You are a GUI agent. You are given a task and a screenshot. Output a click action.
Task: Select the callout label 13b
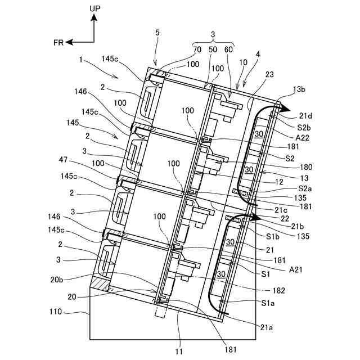[299, 88]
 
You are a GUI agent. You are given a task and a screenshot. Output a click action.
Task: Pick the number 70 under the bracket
[197, 49]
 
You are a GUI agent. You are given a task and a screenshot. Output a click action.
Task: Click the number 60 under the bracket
[228, 49]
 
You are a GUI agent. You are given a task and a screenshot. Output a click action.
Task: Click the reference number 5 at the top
[157, 33]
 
